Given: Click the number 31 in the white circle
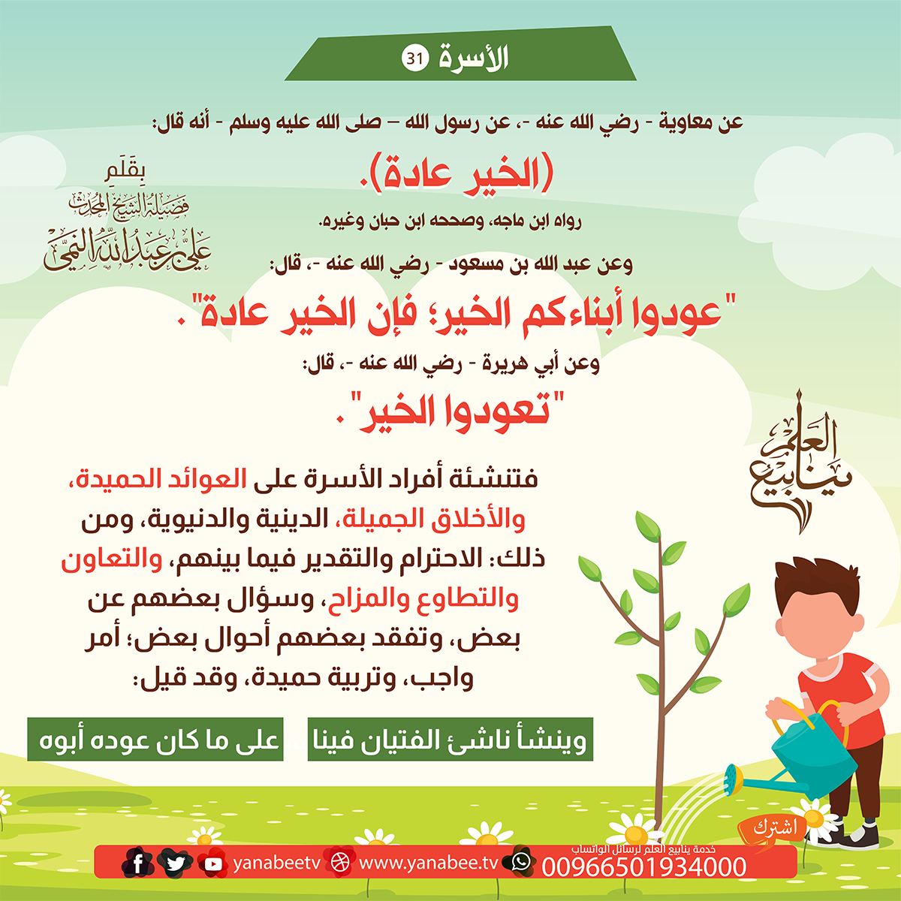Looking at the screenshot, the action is (x=414, y=59).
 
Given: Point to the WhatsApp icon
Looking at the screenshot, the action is (x=520, y=861).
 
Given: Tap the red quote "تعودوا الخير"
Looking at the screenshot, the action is (x=450, y=411).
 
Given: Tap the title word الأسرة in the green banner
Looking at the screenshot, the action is (x=474, y=59).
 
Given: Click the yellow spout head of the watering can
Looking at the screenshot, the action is (x=734, y=779).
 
